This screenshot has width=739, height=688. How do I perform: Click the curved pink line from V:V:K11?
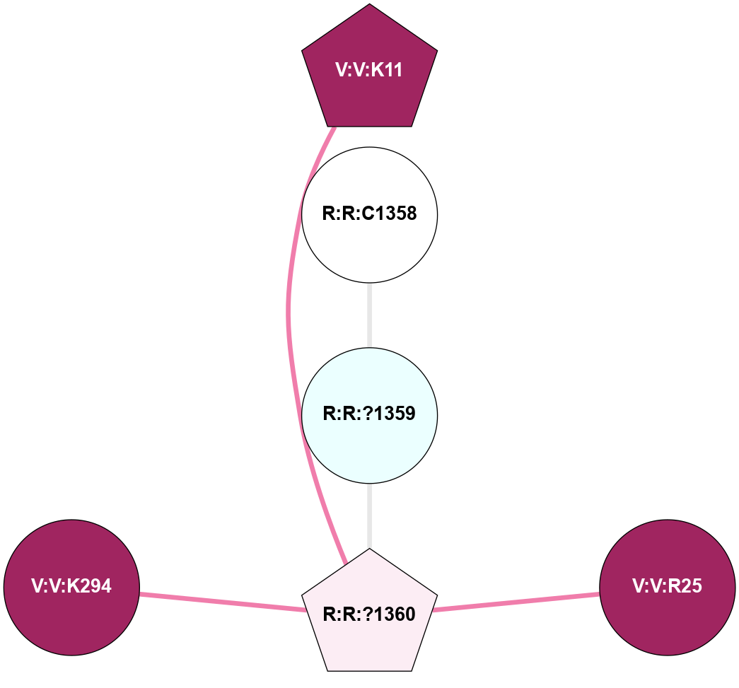(x=289, y=311)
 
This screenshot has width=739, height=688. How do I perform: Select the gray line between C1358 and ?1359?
(x=369, y=314)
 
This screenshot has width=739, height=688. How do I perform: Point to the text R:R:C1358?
(x=369, y=214)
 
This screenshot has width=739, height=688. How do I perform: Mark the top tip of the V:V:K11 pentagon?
(x=369, y=5)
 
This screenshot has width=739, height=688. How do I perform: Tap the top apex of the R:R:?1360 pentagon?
(x=369, y=549)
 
